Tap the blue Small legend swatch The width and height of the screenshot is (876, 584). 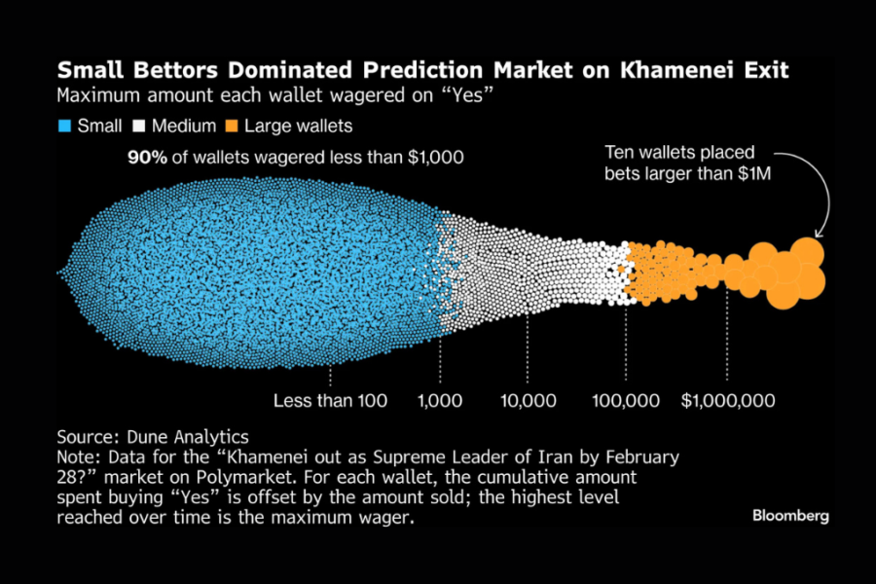click(64, 126)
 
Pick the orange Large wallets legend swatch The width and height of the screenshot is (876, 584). click(231, 126)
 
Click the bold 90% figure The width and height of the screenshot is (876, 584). click(146, 158)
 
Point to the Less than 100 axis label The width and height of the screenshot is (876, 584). click(330, 401)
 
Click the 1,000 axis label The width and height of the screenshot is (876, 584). click(440, 401)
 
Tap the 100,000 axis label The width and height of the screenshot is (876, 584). click(625, 401)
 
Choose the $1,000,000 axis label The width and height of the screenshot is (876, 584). click(727, 401)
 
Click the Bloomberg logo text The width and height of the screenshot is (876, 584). click(790, 516)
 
